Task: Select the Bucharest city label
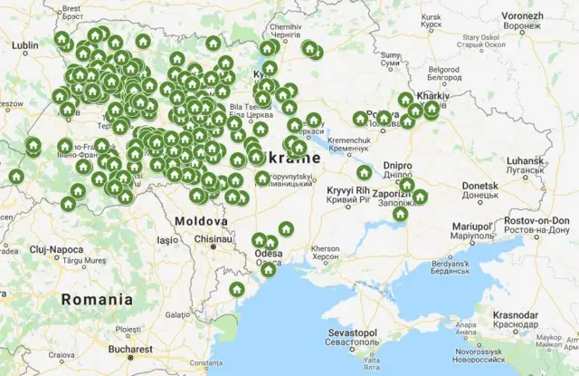pos(128,348)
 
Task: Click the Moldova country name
pos(201,221)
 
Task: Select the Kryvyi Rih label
pos(347,190)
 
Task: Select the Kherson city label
pos(325,248)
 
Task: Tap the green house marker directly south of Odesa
pos(268,269)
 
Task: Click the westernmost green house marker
pos(15,176)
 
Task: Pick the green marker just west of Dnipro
pos(364,172)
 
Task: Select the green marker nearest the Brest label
pos(62,39)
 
